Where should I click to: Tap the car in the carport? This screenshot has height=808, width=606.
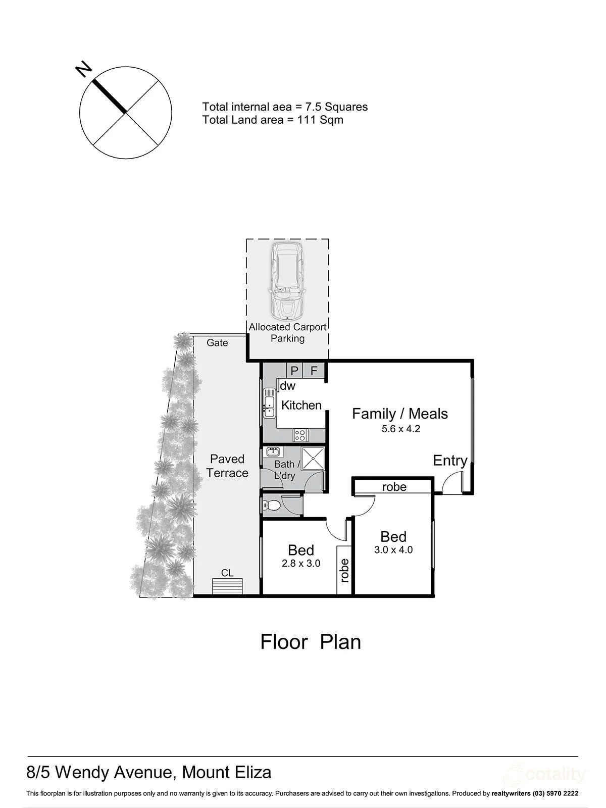coord(287,280)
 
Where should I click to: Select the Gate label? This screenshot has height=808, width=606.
coord(217,343)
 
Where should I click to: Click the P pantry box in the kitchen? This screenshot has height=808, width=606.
coord(294,370)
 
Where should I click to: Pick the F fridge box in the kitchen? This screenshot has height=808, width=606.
coord(314,370)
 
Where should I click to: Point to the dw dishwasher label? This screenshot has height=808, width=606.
coord(288,386)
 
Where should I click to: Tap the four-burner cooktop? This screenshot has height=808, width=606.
coord(300,435)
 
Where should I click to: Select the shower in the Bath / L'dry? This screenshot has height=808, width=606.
coord(313,459)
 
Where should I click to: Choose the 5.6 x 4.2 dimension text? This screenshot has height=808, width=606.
coord(400,429)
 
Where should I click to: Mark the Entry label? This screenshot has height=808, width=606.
coord(450,461)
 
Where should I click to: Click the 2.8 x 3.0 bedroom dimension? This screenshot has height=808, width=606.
coord(301,563)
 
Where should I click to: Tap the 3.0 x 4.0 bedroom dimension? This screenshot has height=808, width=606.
coord(393,549)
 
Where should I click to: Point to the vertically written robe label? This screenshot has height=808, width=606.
coord(345,571)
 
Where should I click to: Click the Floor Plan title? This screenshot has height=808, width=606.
coord(311,642)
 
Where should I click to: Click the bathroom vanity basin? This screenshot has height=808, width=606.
coord(273,451)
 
